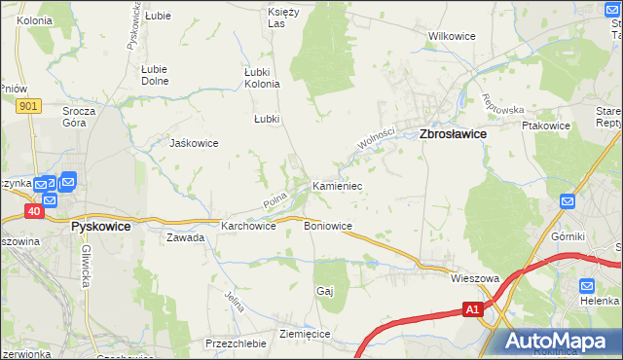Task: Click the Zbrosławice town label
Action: [x=453, y=136]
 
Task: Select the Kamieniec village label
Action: [x=337, y=185]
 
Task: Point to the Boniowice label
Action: [x=328, y=226]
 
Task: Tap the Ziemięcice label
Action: [x=305, y=334]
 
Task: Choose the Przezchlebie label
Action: [x=236, y=343]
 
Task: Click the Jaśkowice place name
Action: [x=194, y=143]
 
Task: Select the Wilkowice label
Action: [x=452, y=36]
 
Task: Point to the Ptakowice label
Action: [x=545, y=126]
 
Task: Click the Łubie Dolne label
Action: [x=155, y=75]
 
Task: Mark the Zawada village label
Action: [x=185, y=237]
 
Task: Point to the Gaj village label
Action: [x=325, y=291]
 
